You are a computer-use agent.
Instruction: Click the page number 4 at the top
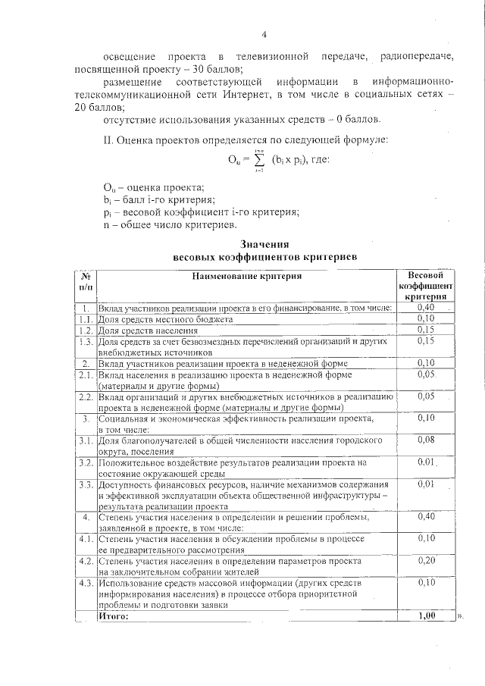pos(264,34)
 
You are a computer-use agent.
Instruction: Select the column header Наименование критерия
pos(246,277)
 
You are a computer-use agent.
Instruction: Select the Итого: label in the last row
pos(114,616)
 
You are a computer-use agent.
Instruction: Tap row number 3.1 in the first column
pos(86,440)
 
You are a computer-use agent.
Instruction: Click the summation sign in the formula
pos(260,160)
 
